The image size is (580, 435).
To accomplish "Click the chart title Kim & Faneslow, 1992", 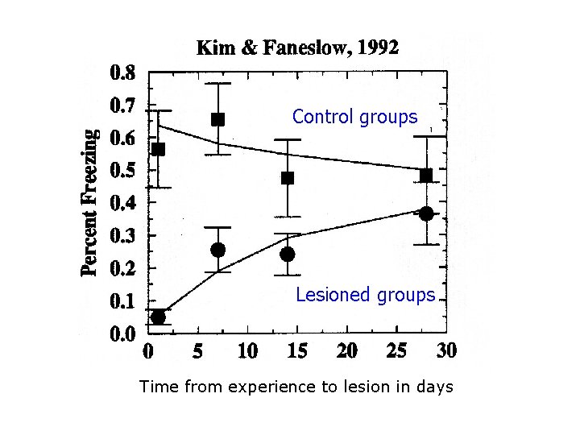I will click(x=297, y=48).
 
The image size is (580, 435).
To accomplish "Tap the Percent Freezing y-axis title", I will click(x=93, y=202).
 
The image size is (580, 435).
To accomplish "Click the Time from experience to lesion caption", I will click(x=296, y=387).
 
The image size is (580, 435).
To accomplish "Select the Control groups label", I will click(x=355, y=117).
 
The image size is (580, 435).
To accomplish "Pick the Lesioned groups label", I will click(x=365, y=295).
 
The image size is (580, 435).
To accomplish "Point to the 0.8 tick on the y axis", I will click(x=122, y=74).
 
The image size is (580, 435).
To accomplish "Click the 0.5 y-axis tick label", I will click(x=122, y=171).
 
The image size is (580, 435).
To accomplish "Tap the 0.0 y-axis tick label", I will click(x=122, y=333).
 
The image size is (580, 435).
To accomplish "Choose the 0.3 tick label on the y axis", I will click(x=122, y=235).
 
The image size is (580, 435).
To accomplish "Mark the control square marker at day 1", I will click(x=158, y=149).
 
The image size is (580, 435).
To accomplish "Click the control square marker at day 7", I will click(x=217, y=119).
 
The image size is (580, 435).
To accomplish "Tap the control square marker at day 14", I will click(x=288, y=178).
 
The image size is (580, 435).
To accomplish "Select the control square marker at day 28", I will click(x=426, y=175).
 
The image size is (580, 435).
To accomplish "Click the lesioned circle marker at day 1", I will click(x=158, y=317).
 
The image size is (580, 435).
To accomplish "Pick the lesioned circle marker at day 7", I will click(x=217, y=250).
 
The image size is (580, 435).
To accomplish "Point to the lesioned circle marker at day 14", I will click(x=288, y=255).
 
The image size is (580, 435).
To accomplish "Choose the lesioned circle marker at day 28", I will click(x=426, y=213).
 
